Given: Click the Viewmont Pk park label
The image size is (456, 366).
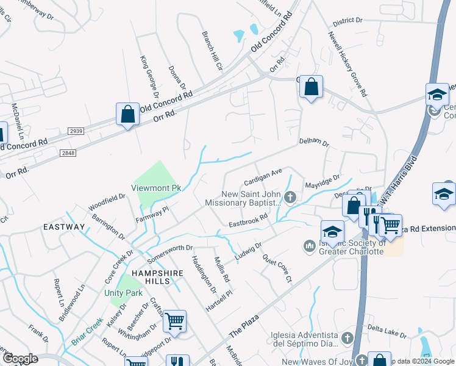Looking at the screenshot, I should coord(156,187).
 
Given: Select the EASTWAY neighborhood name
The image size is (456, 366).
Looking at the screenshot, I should coord(65,227).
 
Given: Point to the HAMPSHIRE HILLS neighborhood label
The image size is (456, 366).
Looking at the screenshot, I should coord(158,273).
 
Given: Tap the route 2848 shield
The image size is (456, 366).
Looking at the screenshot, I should coord(68,153).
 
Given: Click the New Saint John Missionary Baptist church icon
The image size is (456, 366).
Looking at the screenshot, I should coord(291,196).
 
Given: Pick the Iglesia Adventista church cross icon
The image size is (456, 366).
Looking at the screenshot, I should coord(347,337).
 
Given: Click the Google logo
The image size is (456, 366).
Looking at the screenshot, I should coord(20,359).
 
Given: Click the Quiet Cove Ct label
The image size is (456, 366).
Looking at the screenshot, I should coord(277,268).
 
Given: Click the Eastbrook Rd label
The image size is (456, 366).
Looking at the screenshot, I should coord(249,220).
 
